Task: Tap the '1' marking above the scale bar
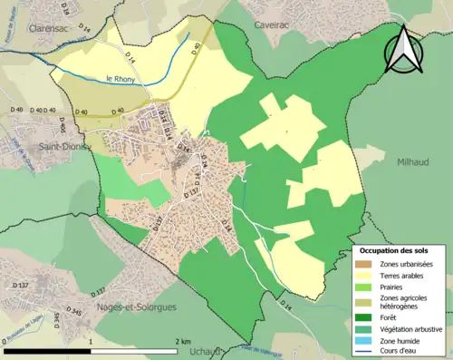tap(91, 342)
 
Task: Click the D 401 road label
tap(63, 124)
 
